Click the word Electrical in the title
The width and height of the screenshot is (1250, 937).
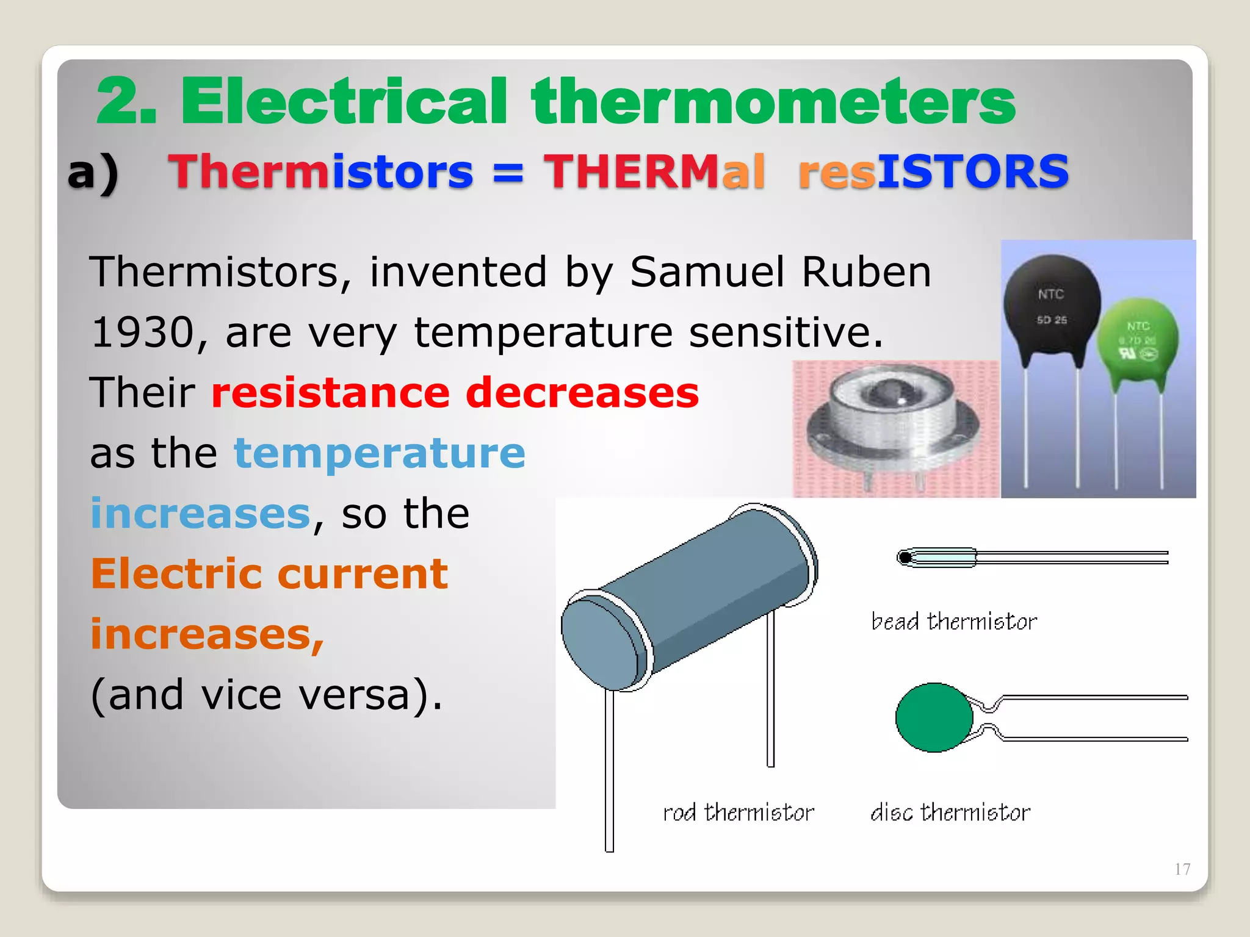344,101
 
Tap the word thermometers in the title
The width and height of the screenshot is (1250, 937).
773,101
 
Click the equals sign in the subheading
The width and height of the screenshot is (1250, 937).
508,173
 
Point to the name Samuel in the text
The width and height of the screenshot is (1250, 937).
707,271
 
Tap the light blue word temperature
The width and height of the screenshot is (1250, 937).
379,453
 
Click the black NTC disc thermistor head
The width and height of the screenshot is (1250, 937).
1051,309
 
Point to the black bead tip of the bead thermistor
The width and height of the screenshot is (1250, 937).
905,558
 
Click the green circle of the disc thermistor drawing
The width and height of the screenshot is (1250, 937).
933,717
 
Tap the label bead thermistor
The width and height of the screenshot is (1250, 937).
953,622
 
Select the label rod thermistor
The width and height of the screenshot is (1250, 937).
738,813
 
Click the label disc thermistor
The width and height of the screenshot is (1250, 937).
950,813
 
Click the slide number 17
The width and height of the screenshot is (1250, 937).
1182,869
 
